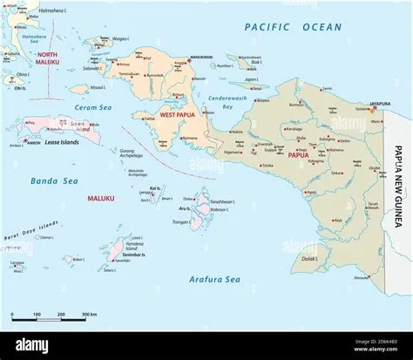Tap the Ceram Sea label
[x=114, y=108]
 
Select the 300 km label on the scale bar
[x=88, y=314]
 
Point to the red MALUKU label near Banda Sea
[x=101, y=199]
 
